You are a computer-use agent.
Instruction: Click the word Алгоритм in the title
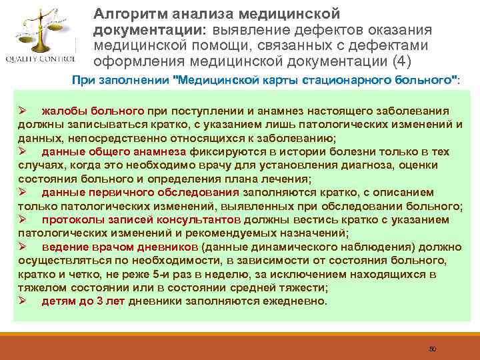pos(125,13)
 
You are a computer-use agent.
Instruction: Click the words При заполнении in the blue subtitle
pos(121,79)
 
